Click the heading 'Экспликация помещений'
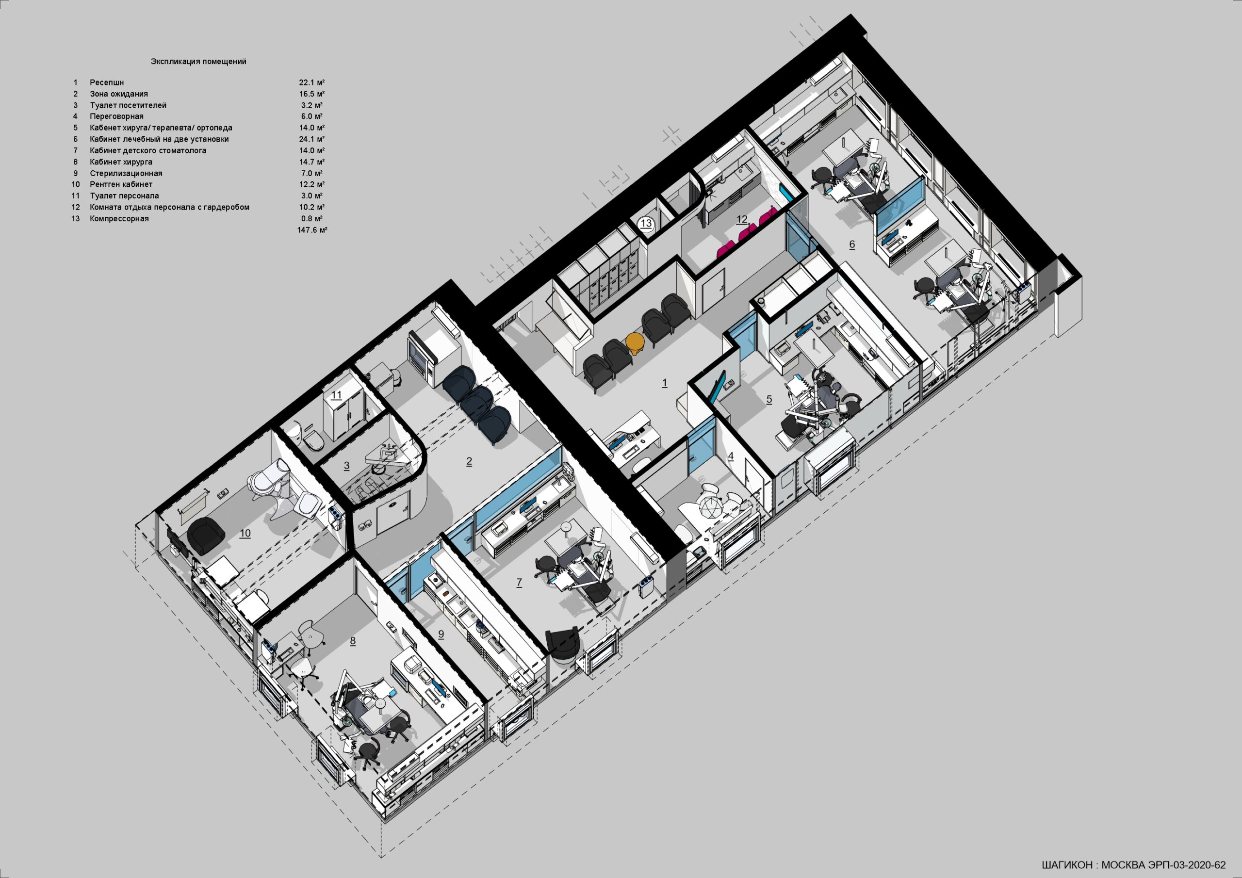click(198, 62)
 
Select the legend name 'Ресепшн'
click(107, 83)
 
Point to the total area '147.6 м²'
click(312, 230)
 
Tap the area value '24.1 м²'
click(312, 139)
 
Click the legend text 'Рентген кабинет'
click(121, 184)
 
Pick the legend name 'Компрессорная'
click(119, 219)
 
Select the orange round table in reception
click(635, 343)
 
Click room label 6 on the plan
click(852, 244)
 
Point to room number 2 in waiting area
click(469, 461)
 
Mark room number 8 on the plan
click(353, 641)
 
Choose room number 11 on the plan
click(337, 395)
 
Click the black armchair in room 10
click(206, 536)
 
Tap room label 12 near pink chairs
click(742, 219)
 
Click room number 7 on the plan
click(519, 582)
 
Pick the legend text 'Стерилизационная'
click(126, 174)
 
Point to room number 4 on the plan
click(731, 456)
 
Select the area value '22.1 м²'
click(312, 83)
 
